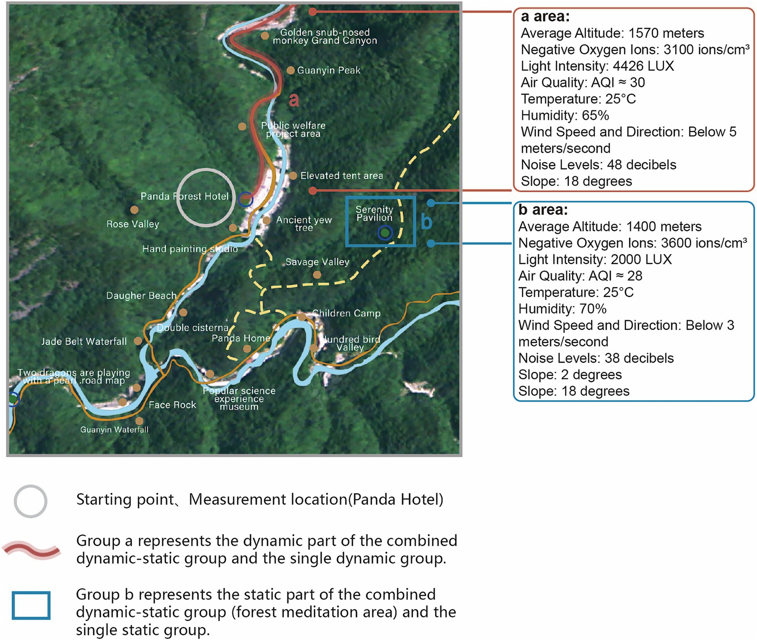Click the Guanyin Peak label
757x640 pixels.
[328, 70]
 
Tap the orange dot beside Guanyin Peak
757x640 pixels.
[290, 70]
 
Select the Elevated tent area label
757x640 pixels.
[342, 176]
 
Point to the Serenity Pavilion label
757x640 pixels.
[374, 213]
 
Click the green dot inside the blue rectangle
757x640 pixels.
[385, 232]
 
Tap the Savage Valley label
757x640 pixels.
[317, 262]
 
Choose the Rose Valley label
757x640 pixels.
[133, 224]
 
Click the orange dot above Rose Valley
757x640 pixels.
[134, 210]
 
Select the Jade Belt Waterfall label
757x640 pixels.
[84, 341]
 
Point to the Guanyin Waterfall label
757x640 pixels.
[114, 430]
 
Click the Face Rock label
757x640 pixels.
[172, 405]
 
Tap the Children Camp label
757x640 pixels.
[346, 313]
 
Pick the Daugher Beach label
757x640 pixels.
[141, 295]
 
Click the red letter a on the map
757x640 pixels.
[294, 100]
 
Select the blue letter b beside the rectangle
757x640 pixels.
[426, 221]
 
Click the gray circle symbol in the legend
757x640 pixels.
[30, 501]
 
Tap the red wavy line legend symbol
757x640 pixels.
[31, 550]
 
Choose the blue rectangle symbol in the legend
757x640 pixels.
[31, 606]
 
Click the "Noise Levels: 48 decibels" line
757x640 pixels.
[598, 165]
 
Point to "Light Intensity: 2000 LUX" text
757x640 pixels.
[595, 259]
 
